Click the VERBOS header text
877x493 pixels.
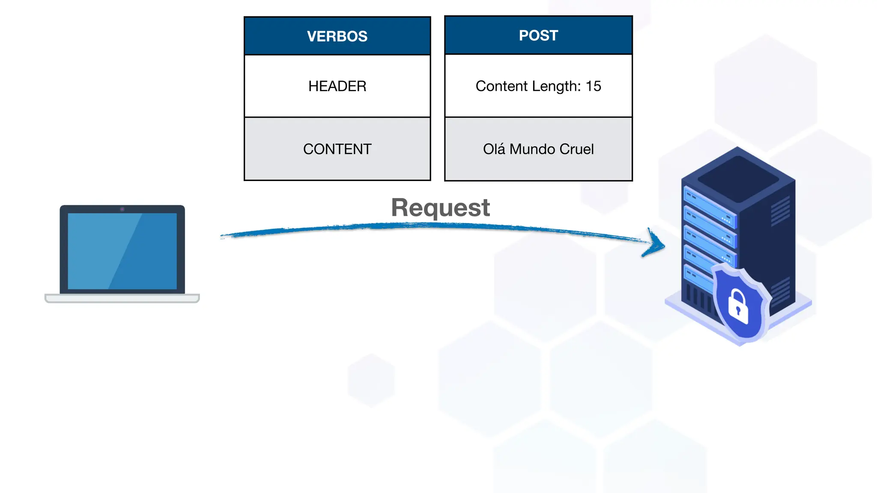pyautogui.click(x=337, y=36)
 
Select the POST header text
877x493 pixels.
pyautogui.click(x=538, y=36)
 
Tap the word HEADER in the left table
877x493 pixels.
pyautogui.click(x=337, y=86)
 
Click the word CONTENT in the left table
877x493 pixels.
pyautogui.click(x=337, y=149)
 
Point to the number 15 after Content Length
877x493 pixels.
pyautogui.click(x=594, y=86)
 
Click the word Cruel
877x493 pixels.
pyautogui.click(x=576, y=149)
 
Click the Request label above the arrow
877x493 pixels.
pyautogui.click(x=440, y=208)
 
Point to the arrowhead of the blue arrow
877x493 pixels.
pyautogui.click(x=657, y=244)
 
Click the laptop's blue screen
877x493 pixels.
pyautogui.click(x=122, y=251)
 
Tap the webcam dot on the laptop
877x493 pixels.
pyautogui.click(x=122, y=209)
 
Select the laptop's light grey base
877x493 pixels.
pyautogui.click(x=122, y=298)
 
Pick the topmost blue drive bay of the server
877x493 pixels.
pyautogui.click(x=709, y=206)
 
